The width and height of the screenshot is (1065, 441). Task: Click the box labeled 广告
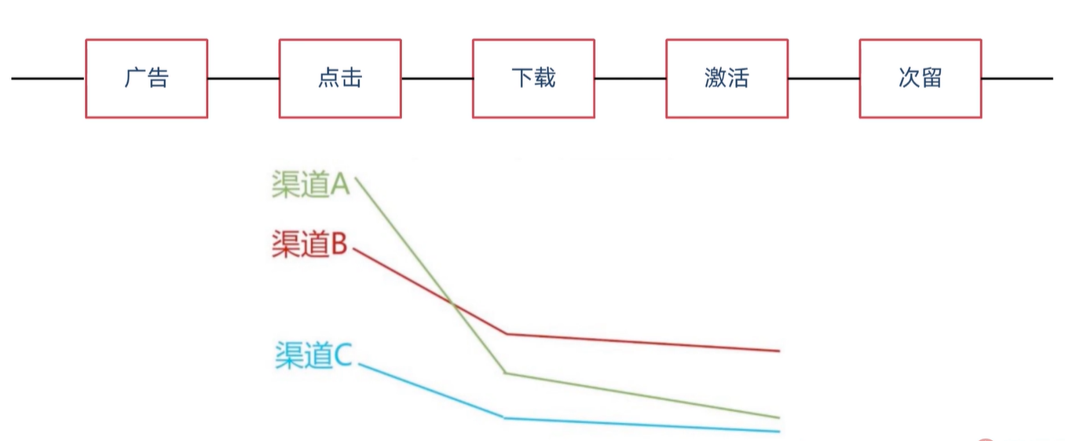coord(146,79)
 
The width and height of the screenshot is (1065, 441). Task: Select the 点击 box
coord(340,79)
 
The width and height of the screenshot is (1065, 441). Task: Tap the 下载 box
coord(533,79)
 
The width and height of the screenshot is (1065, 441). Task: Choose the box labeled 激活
coord(726,79)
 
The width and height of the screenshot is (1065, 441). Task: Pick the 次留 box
coord(920,79)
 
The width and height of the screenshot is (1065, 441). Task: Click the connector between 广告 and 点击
coord(243,79)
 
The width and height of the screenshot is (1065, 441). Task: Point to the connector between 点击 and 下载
coord(437,79)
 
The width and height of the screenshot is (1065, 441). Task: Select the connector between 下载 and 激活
coord(630,79)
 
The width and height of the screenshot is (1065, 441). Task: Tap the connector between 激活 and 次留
coord(823,79)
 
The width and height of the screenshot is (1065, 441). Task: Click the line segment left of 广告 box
coord(47,79)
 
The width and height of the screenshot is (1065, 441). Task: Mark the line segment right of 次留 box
coord(1017,79)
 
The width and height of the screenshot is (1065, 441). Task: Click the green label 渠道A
coord(310,185)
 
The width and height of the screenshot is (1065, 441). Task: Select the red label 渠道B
coord(309,244)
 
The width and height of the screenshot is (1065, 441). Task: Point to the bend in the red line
coord(507,334)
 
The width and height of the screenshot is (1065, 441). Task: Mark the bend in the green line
coord(505,373)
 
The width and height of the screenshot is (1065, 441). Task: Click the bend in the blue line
coord(504,417)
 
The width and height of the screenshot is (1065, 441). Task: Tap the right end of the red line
coord(778,351)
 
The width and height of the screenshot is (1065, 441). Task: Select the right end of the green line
coord(778,417)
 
